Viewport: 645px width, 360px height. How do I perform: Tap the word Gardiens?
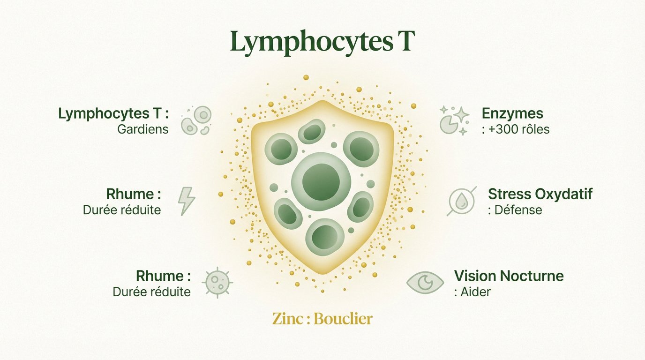pos(143,129)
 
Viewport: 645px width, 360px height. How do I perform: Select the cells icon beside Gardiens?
pos(196,120)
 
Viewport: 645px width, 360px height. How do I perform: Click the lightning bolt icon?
pos(187,201)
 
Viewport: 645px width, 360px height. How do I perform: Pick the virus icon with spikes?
pos(217,283)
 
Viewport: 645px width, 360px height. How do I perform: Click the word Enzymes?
pos(512,113)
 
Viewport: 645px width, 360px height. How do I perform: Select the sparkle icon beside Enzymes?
pos(454,120)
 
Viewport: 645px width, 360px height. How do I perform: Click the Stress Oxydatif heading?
pos(540,194)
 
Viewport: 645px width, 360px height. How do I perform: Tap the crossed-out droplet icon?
pos(462,201)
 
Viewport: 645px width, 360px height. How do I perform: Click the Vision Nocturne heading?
pos(509,276)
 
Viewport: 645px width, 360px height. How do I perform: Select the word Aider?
pos(475,291)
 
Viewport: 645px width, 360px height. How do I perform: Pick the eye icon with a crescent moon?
pos(425,283)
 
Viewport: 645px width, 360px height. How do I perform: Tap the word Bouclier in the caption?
pos(343,319)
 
